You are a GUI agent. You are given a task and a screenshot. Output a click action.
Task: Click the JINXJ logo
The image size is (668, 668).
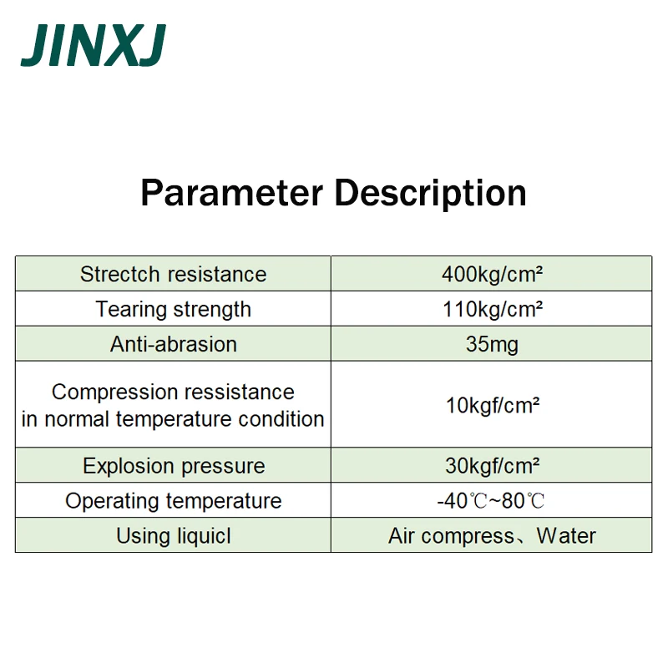(x=94, y=45)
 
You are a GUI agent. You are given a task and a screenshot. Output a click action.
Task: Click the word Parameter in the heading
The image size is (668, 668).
(x=232, y=193)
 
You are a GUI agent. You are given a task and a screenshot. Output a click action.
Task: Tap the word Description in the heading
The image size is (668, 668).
(x=430, y=195)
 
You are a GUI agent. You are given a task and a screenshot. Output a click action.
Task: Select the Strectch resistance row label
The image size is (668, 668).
(x=174, y=274)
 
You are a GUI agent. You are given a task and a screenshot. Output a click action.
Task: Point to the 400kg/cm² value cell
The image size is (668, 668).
(x=492, y=275)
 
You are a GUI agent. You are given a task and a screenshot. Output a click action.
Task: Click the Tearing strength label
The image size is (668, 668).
(x=174, y=310)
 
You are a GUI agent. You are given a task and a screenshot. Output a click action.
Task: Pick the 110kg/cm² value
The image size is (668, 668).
(x=493, y=310)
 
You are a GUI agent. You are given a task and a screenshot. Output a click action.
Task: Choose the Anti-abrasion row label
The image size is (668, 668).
(x=174, y=344)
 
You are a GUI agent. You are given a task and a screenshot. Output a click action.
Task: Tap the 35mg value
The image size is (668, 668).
(x=492, y=345)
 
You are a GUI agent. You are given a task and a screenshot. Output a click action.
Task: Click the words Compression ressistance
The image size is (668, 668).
(x=173, y=392)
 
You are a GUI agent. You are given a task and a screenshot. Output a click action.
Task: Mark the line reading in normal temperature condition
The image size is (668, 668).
(x=173, y=419)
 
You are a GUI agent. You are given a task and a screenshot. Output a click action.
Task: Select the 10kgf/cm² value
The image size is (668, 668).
(x=493, y=406)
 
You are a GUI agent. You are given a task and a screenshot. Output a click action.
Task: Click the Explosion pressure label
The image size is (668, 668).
(x=174, y=466)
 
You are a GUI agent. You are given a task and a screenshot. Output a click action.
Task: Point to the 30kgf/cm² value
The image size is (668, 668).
(x=493, y=466)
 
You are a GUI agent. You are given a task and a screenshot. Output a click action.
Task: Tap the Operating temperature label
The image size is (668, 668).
(x=174, y=501)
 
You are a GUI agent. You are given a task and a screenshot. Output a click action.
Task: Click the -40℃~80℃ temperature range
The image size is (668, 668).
(x=491, y=501)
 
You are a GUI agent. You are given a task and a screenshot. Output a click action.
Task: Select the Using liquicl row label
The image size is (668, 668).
(x=174, y=536)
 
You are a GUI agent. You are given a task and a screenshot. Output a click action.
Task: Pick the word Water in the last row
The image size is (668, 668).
(x=566, y=536)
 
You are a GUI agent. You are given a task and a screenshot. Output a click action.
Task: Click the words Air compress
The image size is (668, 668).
(x=451, y=536)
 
